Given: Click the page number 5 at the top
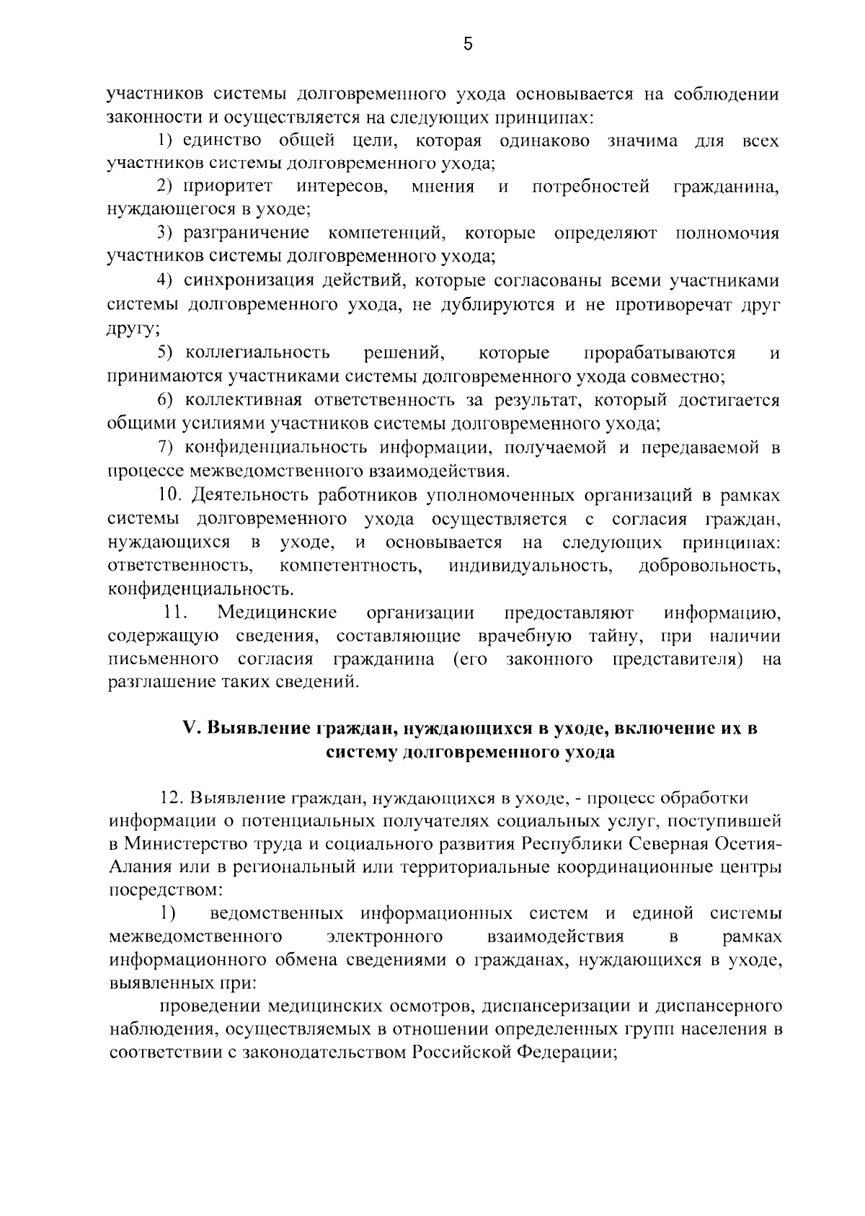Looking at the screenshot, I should pyautogui.click(x=468, y=45).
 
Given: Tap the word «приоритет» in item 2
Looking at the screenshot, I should pyautogui.click(x=227, y=187).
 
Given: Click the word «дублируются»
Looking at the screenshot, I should pyautogui.click(x=492, y=303).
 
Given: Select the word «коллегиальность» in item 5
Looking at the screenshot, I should pyautogui.click(x=257, y=352).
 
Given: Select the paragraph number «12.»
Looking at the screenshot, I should pyautogui.click(x=173, y=798).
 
